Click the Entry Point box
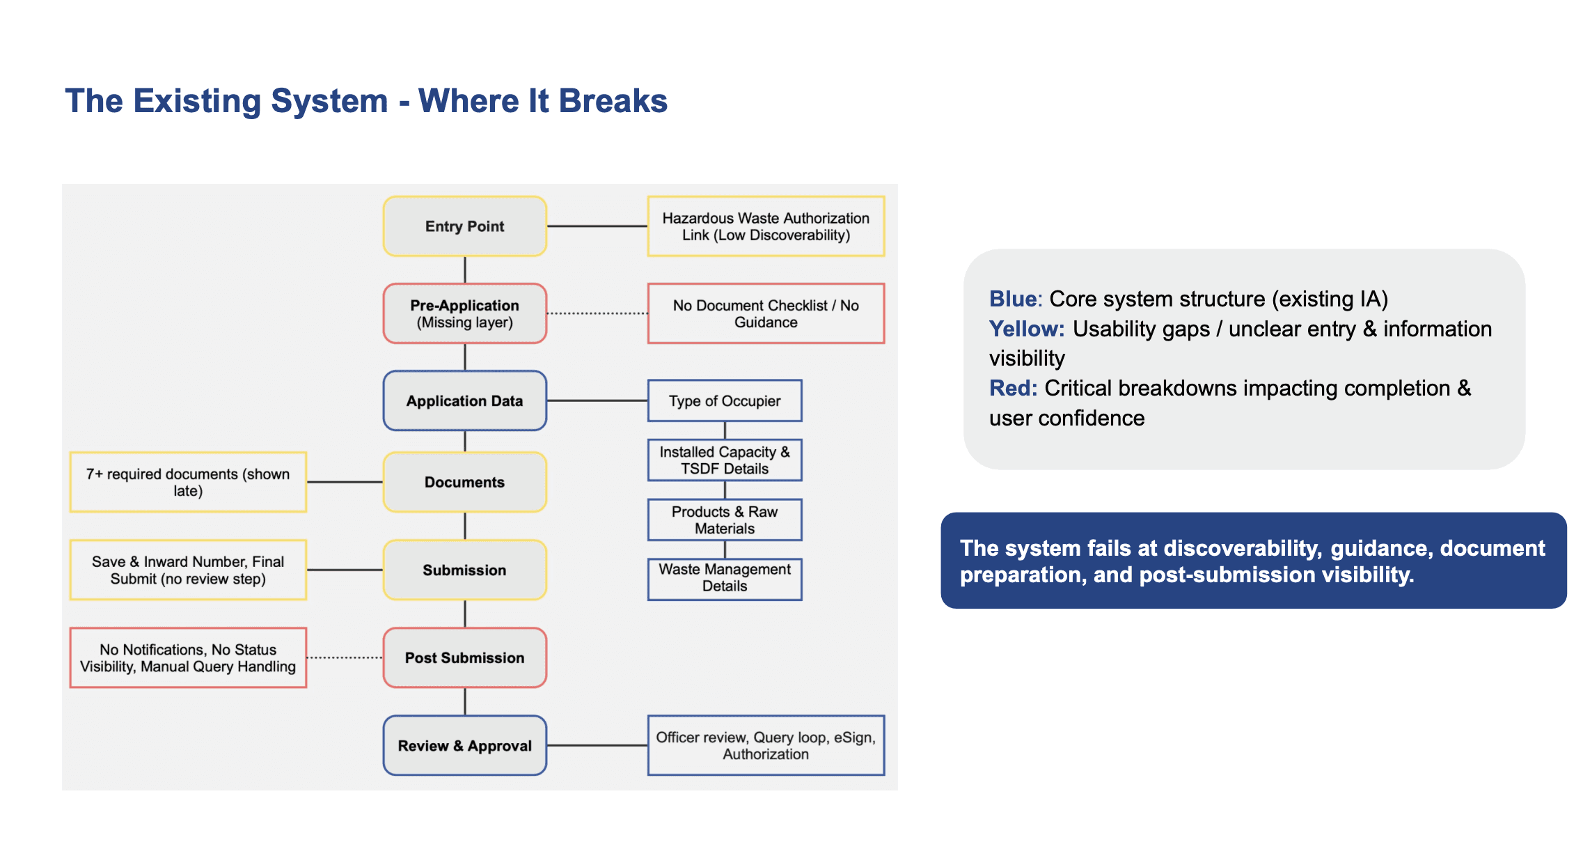pyautogui.click(x=465, y=226)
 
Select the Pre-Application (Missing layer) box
pyautogui.click(x=465, y=313)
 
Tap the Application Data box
pyautogui.click(x=465, y=400)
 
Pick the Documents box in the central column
pyautogui.click(x=465, y=482)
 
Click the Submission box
pyautogui.click(x=465, y=570)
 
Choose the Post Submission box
pyautogui.click(x=465, y=657)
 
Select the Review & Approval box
pyautogui.click(x=465, y=745)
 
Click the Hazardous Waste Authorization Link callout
pyautogui.click(x=766, y=226)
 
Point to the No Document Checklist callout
pyautogui.click(x=766, y=313)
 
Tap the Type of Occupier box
pyautogui.click(x=725, y=400)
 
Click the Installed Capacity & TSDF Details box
pyautogui.click(x=725, y=460)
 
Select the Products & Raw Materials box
pyautogui.click(x=725, y=520)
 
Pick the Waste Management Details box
pyautogui.click(x=725, y=579)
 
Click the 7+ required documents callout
pyautogui.click(x=188, y=482)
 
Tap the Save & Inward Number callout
pyautogui.click(x=188, y=570)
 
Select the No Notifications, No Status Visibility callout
pyautogui.click(x=188, y=657)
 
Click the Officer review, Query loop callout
pyautogui.click(x=766, y=745)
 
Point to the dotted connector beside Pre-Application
pyautogui.click(x=597, y=313)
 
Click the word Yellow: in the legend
pyautogui.click(x=1027, y=329)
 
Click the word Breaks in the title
pyautogui.click(x=613, y=101)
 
